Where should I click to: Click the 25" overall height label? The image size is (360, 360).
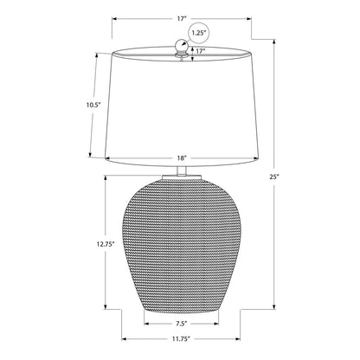(273, 177)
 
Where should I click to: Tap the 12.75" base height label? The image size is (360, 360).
(106, 244)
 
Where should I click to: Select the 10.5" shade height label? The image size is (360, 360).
(93, 105)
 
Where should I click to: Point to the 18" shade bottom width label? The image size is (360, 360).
(181, 158)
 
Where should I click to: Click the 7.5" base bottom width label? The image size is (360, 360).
(181, 324)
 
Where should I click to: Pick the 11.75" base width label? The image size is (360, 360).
(182, 339)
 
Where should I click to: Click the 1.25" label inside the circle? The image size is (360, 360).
(198, 33)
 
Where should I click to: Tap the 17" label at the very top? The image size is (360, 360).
(182, 19)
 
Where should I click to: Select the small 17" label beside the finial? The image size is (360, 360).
(201, 51)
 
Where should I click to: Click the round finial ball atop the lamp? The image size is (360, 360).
(182, 45)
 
